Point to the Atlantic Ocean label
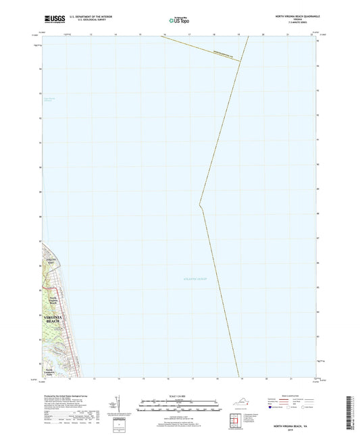(195, 279)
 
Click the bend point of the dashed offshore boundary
(199, 205)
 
